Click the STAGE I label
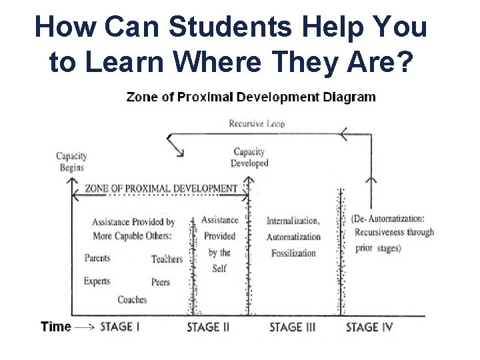(120, 327)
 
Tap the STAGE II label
(208, 327)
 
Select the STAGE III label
(292, 327)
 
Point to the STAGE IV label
(371, 327)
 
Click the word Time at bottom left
(55, 327)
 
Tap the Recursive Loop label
(257, 123)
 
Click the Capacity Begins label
(71, 162)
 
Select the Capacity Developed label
(249, 157)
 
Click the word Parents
(98, 258)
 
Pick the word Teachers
(167, 259)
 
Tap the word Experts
(97, 281)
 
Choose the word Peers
(161, 282)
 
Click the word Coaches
(132, 300)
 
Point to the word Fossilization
(293, 253)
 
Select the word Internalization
(293, 221)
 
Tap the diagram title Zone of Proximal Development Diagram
(251, 97)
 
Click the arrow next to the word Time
(83, 327)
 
